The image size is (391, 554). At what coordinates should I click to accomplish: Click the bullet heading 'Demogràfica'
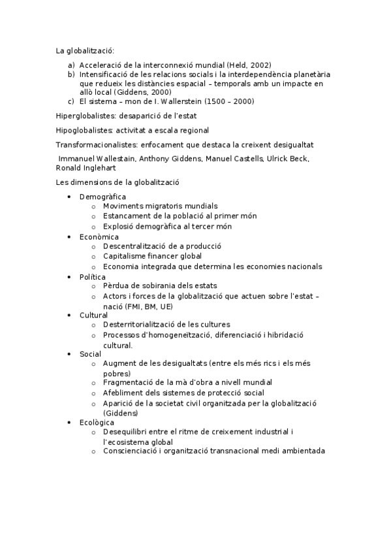102,197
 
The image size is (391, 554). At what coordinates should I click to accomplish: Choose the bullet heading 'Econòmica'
99,236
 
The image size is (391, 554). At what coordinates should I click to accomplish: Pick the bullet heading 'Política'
93,277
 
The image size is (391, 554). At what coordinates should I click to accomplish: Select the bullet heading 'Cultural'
94,315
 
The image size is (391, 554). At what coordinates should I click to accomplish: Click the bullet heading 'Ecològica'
97,423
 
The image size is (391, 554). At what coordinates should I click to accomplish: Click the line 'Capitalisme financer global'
152,256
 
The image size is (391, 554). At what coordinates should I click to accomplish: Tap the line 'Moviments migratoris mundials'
161,206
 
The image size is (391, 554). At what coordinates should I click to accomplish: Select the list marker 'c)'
71,101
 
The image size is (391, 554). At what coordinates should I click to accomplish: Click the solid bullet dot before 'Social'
69,353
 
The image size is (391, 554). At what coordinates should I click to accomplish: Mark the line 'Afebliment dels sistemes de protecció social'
183,393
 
